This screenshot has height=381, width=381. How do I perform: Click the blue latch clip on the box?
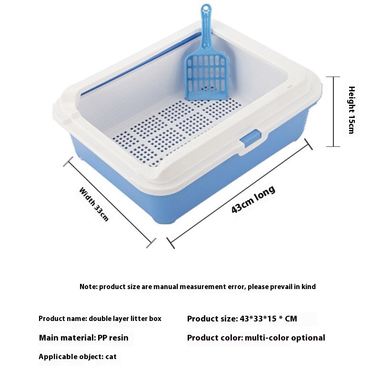251,138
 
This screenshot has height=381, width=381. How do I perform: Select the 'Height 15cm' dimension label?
351,110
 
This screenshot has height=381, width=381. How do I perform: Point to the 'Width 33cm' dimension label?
94,204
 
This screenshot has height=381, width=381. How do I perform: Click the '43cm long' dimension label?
253,199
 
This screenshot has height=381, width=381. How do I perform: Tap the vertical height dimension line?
333,111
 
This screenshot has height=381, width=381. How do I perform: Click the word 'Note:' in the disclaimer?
89,287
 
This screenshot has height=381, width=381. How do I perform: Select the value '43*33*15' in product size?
258,319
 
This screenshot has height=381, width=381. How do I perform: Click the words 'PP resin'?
113,338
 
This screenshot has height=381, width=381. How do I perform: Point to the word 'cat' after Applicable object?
111,357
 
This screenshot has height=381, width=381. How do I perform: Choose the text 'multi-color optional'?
285,338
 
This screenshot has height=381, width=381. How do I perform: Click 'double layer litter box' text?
125,319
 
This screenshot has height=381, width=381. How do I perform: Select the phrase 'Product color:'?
215,338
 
